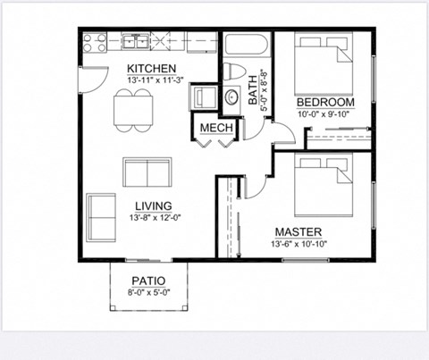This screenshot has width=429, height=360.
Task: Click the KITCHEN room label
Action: pos(150,69)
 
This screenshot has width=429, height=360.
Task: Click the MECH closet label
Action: pos(216,128)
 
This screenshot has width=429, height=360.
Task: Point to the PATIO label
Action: pos(149,279)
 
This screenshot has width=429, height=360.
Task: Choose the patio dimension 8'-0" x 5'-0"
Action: pos(149,290)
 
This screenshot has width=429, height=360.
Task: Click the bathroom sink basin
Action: pos(231,98)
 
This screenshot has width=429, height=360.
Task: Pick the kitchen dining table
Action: pos(134,108)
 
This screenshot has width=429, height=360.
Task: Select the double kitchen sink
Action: pos(136,41)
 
